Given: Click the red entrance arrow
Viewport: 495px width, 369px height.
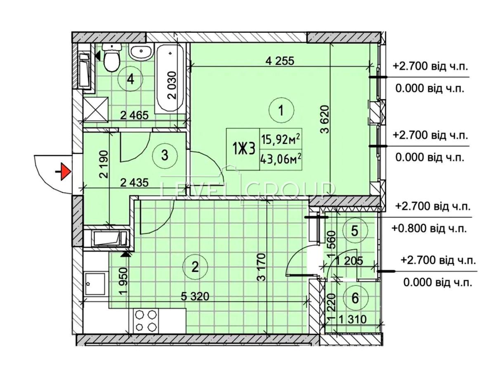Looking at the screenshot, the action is [66, 172].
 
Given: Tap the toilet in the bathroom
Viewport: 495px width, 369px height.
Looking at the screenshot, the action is [112, 57].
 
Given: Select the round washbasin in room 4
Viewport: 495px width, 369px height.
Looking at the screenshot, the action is [141, 53].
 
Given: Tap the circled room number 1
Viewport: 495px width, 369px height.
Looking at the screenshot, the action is [281, 110].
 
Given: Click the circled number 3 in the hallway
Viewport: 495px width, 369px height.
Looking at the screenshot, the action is [165, 155].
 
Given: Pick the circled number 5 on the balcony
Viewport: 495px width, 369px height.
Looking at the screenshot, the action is [355, 231].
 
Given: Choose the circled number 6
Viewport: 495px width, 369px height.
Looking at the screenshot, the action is [355, 298].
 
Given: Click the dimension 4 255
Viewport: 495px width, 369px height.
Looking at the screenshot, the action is [280, 61].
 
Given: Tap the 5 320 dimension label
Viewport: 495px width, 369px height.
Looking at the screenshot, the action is [195, 297].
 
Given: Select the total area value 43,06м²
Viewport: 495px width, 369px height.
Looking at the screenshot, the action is [281, 160].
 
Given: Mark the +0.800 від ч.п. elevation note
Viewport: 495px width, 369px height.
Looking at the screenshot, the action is [429, 229].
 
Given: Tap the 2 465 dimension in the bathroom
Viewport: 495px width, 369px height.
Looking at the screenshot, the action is [134, 115].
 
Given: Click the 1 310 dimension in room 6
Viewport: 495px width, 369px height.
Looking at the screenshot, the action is [353, 319].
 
